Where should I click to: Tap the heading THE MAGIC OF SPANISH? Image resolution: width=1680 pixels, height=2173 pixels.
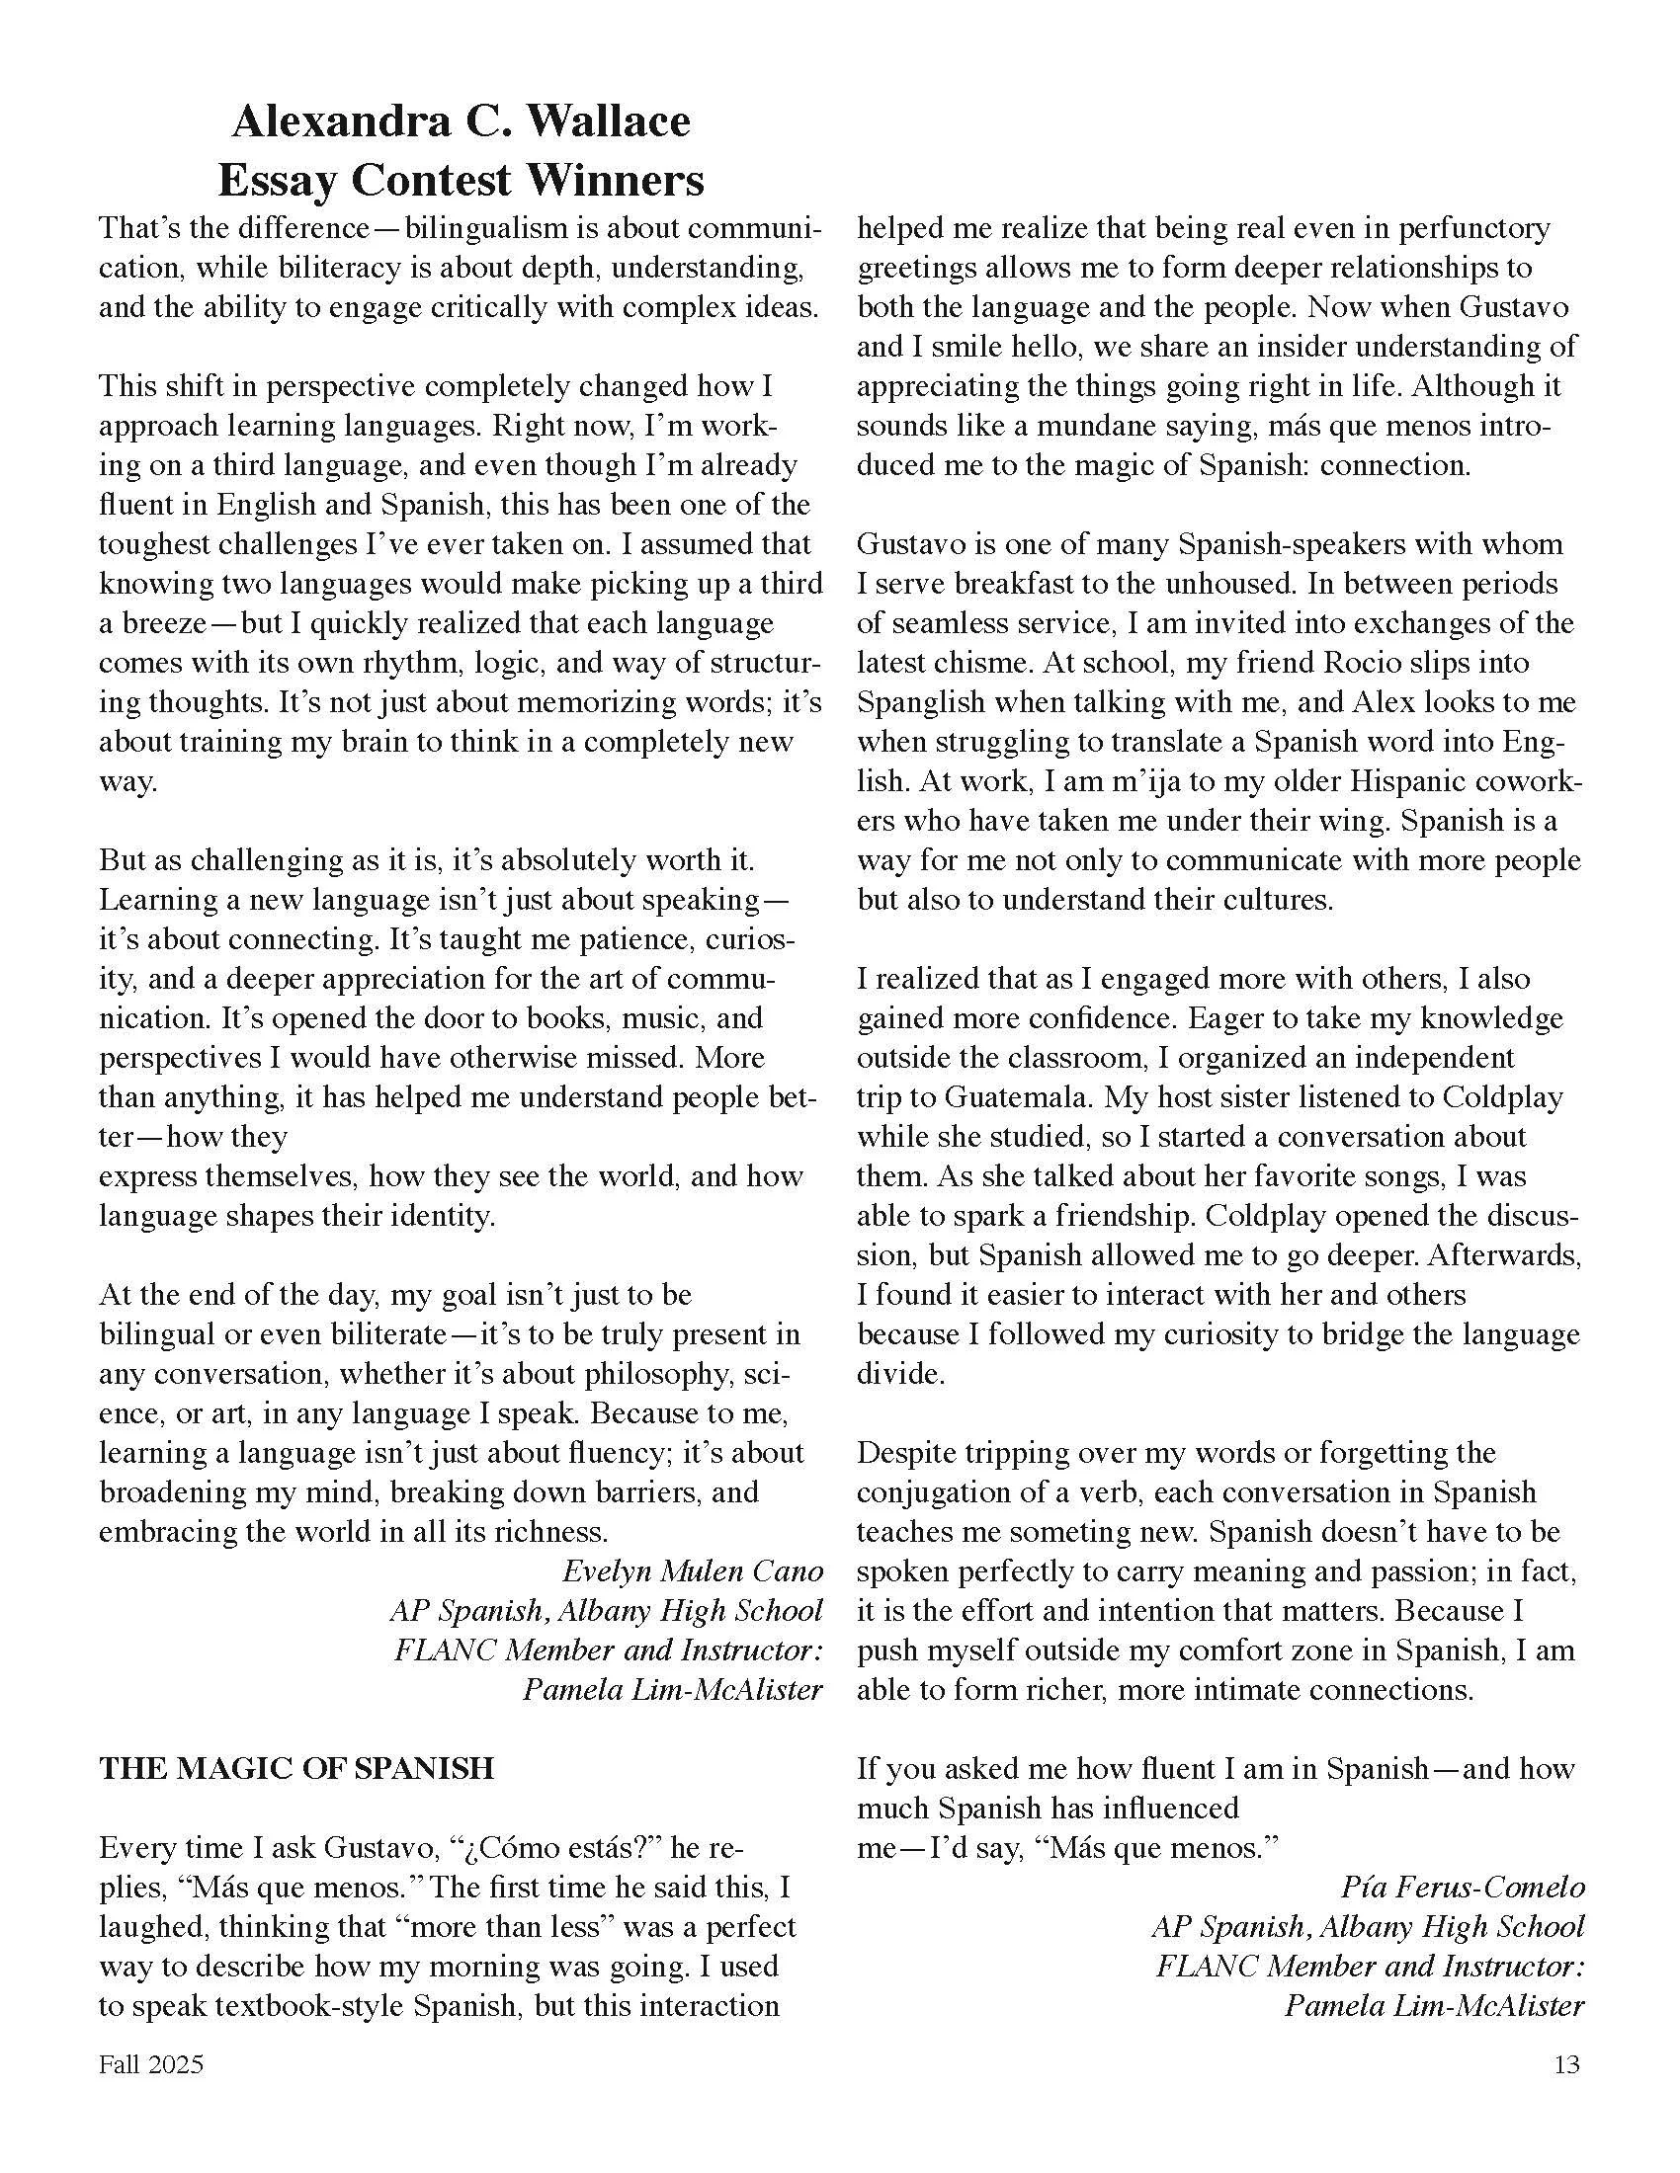tap(296, 1768)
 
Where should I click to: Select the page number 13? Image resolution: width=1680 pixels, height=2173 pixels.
tap(1565, 2064)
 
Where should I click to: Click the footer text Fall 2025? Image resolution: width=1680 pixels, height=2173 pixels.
tap(150, 2064)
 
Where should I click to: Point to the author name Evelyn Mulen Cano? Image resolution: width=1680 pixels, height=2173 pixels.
tap(693, 1571)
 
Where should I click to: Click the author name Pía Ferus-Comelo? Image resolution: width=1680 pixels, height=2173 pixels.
tap(1462, 1888)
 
